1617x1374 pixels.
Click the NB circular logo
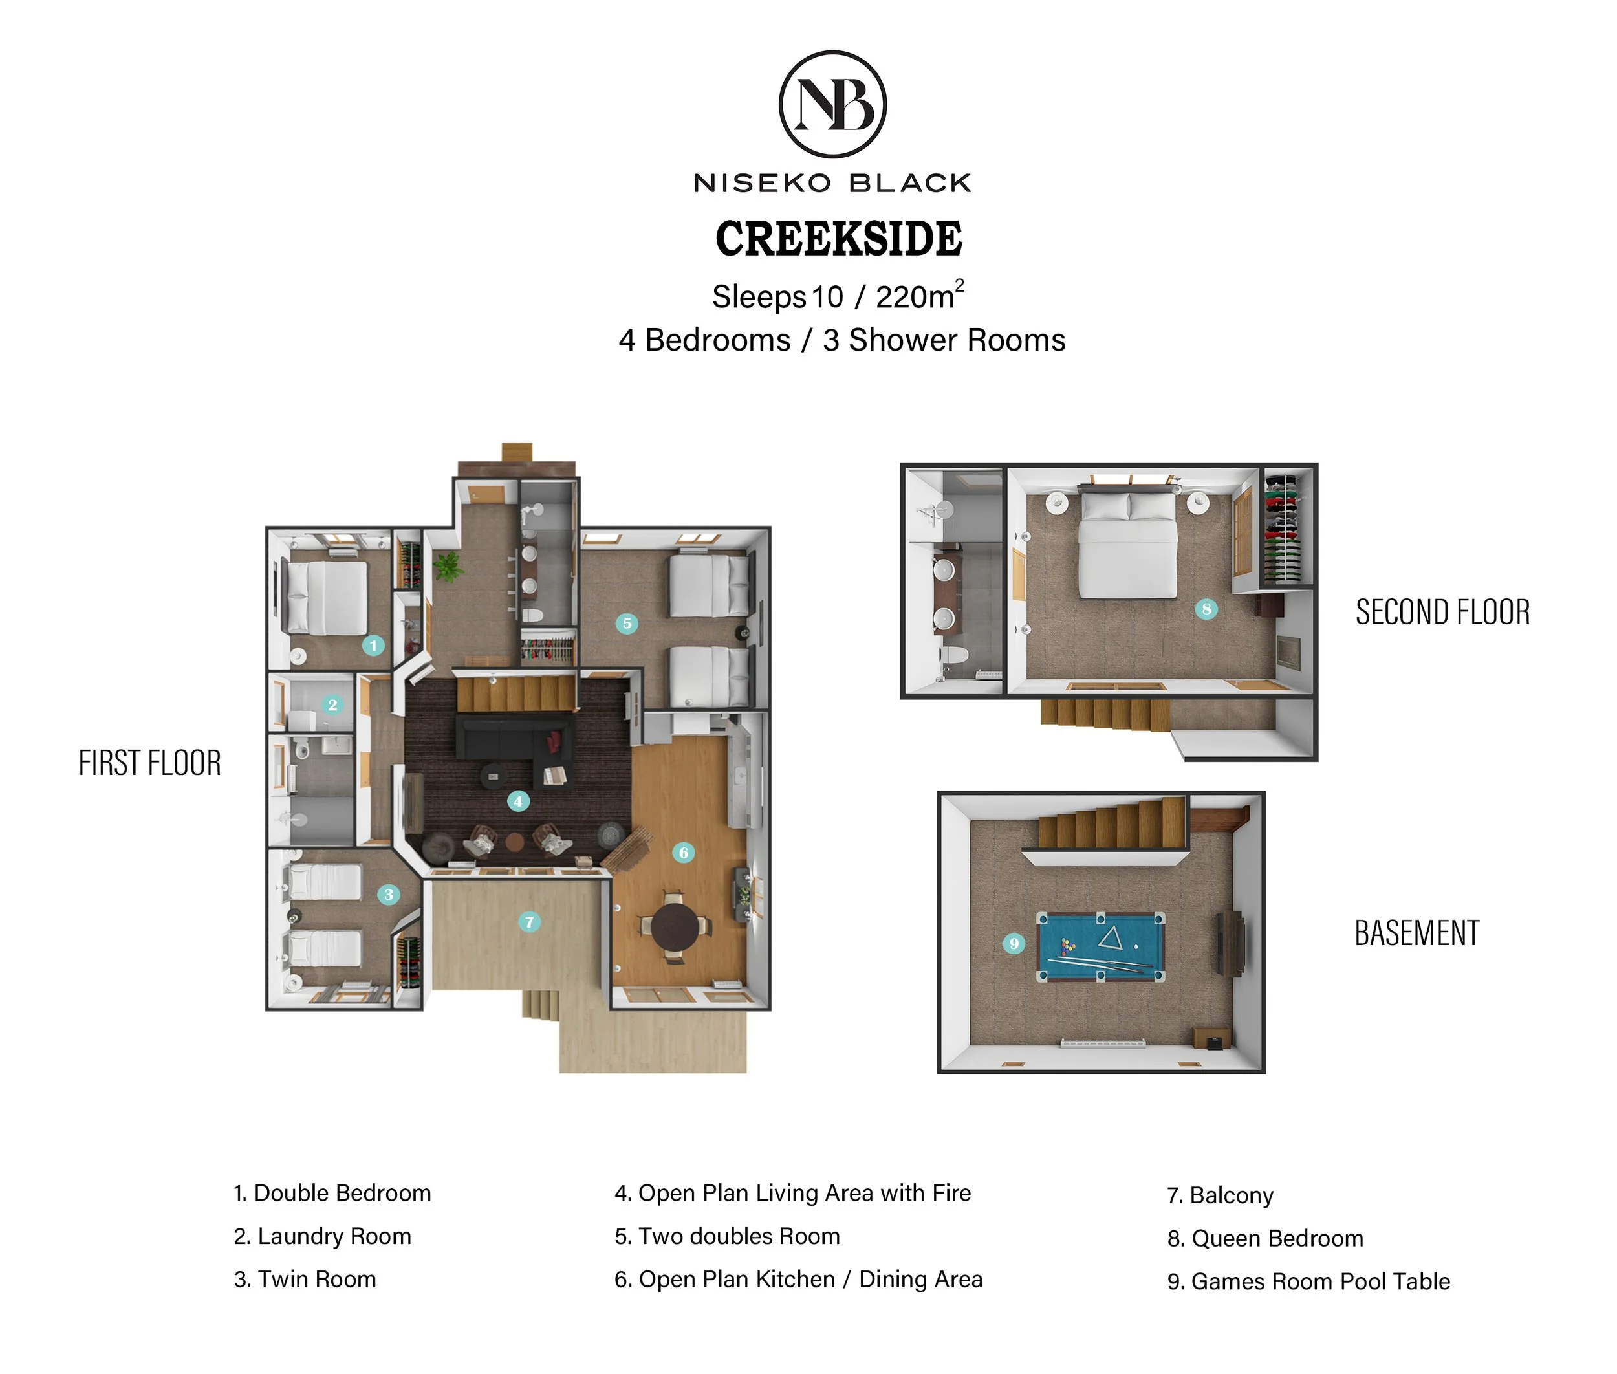point(832,104)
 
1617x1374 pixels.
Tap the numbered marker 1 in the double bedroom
point(373,645)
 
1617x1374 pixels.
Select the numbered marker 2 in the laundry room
point(332,705)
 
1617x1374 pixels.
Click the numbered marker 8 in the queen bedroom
point(1206,609)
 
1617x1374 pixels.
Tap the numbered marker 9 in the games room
point(1014,944)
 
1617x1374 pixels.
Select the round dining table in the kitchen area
point(675,927)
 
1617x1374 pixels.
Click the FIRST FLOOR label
point(149,763)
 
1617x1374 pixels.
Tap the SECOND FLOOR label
point(1442,612)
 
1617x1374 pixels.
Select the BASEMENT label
point(1417,933)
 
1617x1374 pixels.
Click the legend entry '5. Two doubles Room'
point(727,1236)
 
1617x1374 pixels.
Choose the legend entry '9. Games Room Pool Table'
point(1308,1281)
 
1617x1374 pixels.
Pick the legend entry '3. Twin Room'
point(305,1279)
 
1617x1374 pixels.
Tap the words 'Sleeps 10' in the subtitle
point(777,297)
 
